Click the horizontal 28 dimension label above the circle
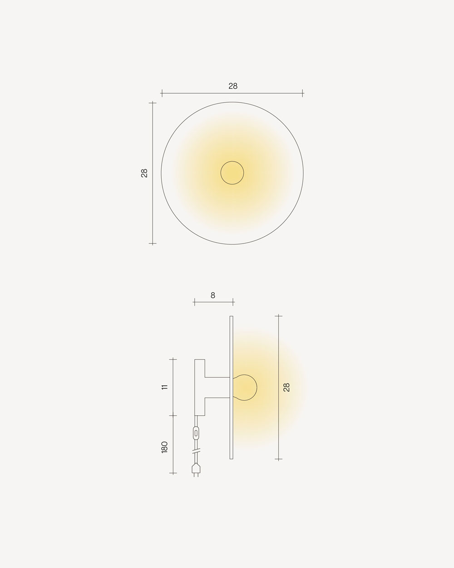[x=233, y=86]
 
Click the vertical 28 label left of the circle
[x=144, y=173]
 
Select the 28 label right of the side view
[x=286, y=387]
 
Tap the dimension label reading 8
[x=213, y=295]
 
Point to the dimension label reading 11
[x=164, y=387]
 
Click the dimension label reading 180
[x=164, y=447]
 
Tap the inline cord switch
[x=196, y=433]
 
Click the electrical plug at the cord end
[x=196, y=469]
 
